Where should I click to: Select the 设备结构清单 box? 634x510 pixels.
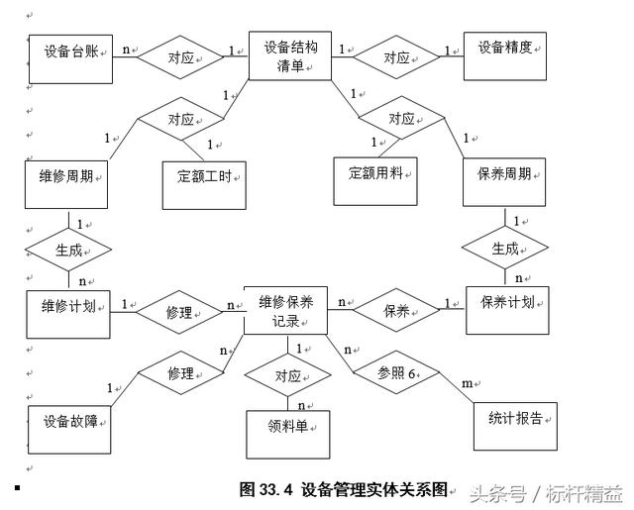(x=289, y=55)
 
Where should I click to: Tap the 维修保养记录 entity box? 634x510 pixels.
(x=285, y=310)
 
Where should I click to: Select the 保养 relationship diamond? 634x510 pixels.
(x=395, y=310)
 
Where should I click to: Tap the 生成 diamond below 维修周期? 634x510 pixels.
(x=68, y=251)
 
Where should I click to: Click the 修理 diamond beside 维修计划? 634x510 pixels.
(x=179, y=312)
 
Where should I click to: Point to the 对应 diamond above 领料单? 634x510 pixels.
(x=287, y=376)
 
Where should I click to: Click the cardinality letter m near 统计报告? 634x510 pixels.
(x=467, y=382)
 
